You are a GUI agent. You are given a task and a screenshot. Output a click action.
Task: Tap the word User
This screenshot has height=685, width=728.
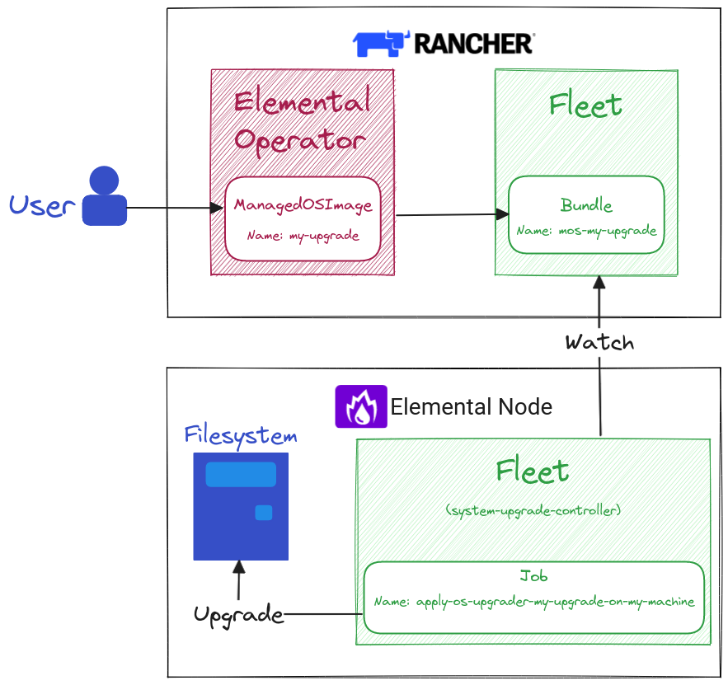click(42, 205)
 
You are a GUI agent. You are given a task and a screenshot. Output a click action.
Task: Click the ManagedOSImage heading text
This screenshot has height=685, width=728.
click(303, 205)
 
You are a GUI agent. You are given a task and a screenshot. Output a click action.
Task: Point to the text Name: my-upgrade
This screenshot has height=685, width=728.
click(303, 236)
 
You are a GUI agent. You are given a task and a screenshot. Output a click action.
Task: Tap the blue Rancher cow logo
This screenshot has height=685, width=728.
click(381, 43)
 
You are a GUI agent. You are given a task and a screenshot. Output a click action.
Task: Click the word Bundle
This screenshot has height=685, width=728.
click(586, 205)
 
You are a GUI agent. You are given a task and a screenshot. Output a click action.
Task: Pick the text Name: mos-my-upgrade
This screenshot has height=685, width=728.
click(586, 231)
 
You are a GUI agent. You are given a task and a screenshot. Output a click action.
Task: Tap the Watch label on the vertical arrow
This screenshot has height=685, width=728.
click(599, 342)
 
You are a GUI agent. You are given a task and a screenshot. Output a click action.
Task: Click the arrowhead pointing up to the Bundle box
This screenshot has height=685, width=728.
click(599, 283)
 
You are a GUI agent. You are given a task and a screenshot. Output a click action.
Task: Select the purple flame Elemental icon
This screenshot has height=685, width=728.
click(360, 406)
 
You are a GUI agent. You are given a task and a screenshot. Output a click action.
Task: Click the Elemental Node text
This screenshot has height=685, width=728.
click(471, 407)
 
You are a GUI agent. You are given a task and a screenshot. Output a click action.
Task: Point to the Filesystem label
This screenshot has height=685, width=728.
click(240, 434)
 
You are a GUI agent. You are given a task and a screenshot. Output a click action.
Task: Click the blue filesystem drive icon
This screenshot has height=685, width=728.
click(241, 506)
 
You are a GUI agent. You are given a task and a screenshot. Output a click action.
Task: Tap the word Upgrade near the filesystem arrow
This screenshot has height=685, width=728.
click(238, 614)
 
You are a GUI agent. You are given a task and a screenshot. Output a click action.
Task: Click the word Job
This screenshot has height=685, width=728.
click(533, 576)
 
